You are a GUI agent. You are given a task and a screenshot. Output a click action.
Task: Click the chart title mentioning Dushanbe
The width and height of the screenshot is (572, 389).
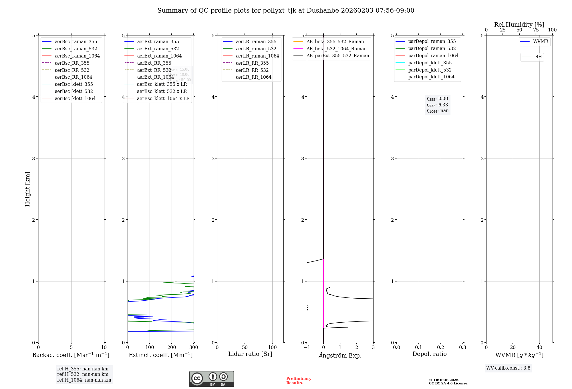pyautogui.click(x=286, y=11)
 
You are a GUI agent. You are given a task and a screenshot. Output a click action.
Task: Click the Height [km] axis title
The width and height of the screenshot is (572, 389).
pyautogui.click(x=27, y=189)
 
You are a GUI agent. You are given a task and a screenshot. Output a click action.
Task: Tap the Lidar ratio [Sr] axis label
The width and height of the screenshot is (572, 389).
pyautogui.click(x=250, y=354)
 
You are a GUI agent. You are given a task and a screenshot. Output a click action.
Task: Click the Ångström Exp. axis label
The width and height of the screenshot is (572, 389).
pyautogui.click(x=340, y=355)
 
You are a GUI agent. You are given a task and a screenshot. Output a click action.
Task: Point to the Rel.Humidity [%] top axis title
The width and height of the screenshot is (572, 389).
pyautogui.click(x=519, y=25)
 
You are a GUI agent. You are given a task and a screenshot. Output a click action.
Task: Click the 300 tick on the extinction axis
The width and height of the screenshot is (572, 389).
pyautogui.click(x=194, y=347)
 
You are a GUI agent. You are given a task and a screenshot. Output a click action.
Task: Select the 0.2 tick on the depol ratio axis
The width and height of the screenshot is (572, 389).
pyautogui.click(x=441, y=347)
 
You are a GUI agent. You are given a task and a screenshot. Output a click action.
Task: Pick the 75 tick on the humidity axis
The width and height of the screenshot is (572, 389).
pyautogui.click(x=536, y=30)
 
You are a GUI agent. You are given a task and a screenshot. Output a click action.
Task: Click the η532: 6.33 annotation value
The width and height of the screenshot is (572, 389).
pyautogui.click(x=438, y=105)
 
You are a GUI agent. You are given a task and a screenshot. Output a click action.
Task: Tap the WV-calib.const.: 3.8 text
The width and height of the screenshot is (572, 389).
pyautogui.click(x=508, y=368)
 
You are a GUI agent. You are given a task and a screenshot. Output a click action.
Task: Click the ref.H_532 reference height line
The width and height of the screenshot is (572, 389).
pyautogui.click(x=83, y=374)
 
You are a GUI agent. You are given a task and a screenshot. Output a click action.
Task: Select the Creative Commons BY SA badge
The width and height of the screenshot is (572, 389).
pyautogui.click(x=211, y=379)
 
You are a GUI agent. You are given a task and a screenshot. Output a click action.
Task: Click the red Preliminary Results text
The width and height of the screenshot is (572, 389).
pyautogui.click(x=299, y=380)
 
